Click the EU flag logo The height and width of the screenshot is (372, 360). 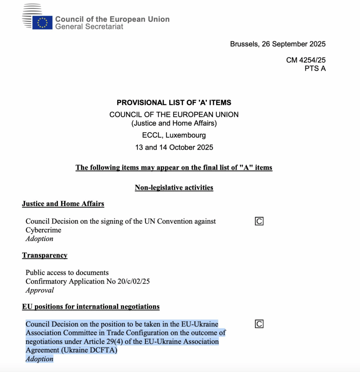pos(42,23)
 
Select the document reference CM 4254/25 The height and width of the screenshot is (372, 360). pos(306,60)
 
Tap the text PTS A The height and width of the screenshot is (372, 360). pos(315,68)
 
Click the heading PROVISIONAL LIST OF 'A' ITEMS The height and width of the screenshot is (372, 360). pos(174,102)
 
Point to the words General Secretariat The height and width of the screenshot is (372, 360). pos(89,27)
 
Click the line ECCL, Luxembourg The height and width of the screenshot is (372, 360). pos(174,135)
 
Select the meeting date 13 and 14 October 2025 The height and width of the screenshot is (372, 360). pos(174,147)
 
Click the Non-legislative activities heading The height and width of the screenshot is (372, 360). pos(174,187)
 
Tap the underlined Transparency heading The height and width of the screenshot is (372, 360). pos(45,255)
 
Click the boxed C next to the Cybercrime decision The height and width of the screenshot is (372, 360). pos(259,221)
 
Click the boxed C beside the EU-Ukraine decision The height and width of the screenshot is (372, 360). pos(259,324)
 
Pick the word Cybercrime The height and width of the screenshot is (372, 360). pos(43,230)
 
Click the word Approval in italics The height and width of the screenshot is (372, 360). pos(40,290)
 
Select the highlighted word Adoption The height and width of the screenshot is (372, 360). pos(40,359)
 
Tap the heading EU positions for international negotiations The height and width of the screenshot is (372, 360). pos(91,307)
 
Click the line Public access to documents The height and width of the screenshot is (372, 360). pos(67,272)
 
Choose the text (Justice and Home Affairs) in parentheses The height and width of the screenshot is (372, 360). pos(174,123)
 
